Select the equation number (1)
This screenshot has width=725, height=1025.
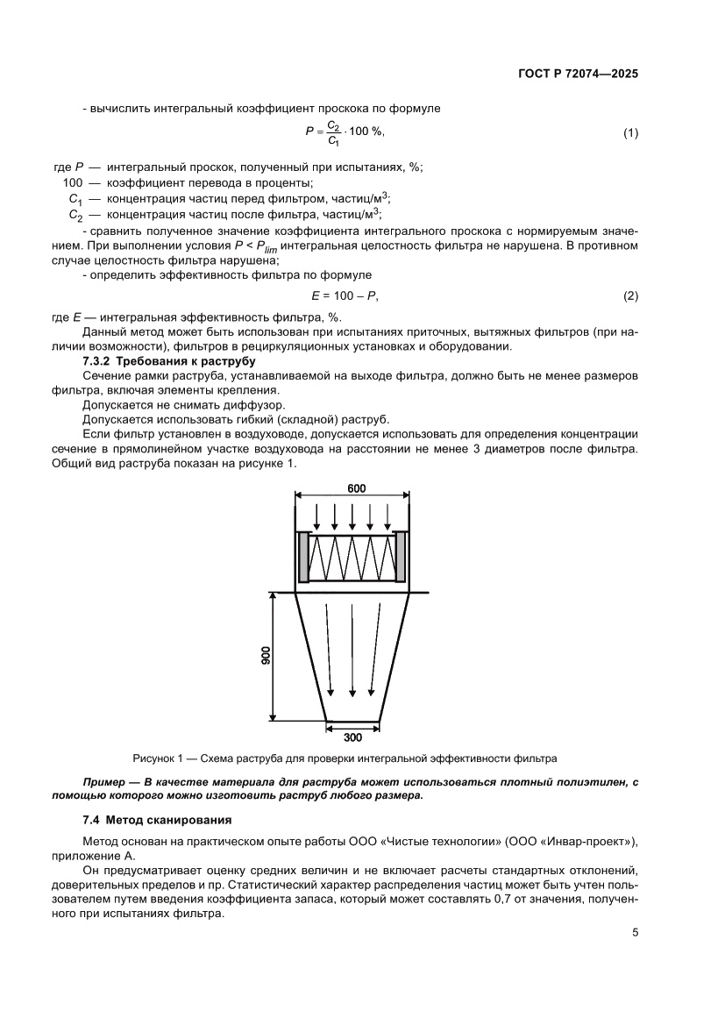(x=630, y=133)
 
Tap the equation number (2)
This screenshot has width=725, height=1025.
(x=630, y=296)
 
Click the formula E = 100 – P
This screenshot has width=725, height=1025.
(x=345, y=296)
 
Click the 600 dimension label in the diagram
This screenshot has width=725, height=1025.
(x=355, y=488)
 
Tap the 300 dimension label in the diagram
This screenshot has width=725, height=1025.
(x=353, y=737)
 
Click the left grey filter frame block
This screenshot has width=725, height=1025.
(x=304, y=559)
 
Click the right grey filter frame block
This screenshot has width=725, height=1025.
(x=402, y=559)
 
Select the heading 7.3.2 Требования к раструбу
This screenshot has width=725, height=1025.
(x=156, y=361)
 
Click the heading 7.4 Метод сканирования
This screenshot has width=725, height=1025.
(x=156, y=820)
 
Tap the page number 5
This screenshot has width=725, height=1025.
(x=634, y=932)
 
